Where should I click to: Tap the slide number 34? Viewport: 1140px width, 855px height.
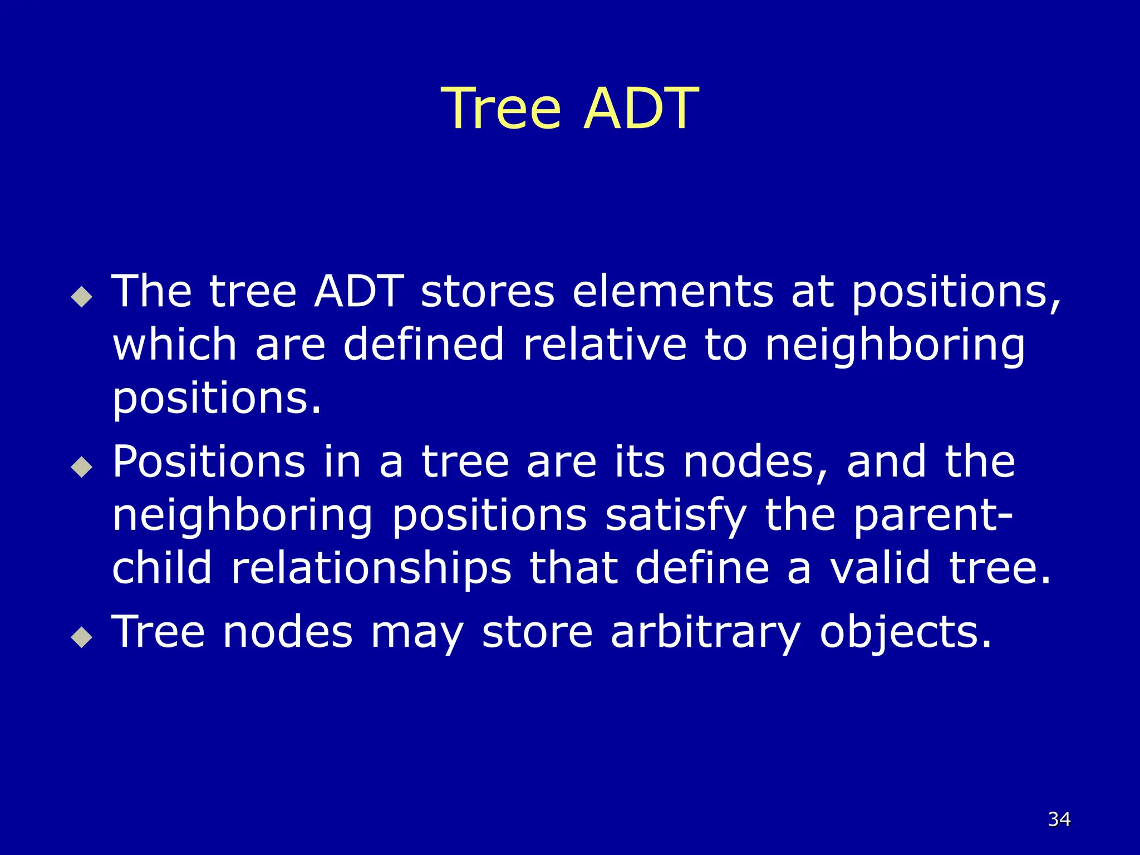tap(1059, 819)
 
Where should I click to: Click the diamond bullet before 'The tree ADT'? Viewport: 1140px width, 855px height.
tap(82, 297)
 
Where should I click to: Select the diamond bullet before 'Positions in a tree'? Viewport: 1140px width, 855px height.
tap(82, 467)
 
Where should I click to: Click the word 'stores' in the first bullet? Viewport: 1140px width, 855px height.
tap(488, 292)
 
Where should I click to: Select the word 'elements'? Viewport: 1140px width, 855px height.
tap(673, 292)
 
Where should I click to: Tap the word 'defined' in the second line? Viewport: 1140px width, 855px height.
tap(424, 345)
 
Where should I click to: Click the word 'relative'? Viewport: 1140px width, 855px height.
tap(605, 345)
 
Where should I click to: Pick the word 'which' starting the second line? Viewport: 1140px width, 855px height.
tap(175, 345)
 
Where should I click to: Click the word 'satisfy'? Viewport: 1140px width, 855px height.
tap(676, 517)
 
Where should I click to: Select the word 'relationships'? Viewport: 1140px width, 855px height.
tap(371, 569)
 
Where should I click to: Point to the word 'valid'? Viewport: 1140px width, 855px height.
tap(880, 569)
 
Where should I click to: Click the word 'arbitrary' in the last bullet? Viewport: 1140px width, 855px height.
tap(705, 633)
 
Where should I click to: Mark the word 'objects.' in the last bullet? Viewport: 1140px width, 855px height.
tap(906, 633)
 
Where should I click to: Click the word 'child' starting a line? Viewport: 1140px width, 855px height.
tap(162, 569)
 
